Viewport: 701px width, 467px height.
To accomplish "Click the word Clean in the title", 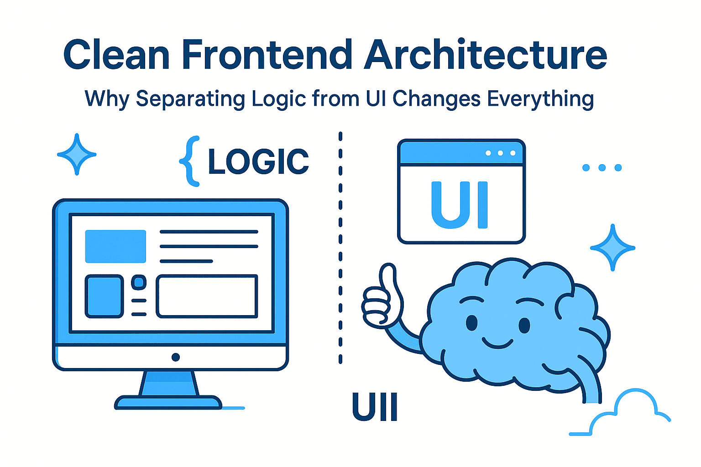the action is tap(116, 54).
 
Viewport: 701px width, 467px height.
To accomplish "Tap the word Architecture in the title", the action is tap(486, 54).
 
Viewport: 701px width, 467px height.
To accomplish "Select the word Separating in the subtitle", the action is tap(190, 99).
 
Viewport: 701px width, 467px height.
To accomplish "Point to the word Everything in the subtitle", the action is tap(540, 99).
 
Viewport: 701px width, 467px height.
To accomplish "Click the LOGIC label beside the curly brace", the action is tap(258, 161).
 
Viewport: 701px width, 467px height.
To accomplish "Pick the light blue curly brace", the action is tap(190, 161).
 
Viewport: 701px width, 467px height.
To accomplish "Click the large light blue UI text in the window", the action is tap(460, 205).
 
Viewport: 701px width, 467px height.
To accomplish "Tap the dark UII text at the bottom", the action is tap(375, 407).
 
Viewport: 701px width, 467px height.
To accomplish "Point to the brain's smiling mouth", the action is tap(497, 343).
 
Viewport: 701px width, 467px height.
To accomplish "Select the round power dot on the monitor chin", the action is tap(176, 357).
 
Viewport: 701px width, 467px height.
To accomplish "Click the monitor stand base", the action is tap(168, 403).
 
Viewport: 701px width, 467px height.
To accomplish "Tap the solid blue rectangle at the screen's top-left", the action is tap(115, 246).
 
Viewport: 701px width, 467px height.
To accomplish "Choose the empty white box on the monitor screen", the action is tap(207, 296).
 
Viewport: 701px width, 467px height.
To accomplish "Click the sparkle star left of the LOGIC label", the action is tap(77, 154).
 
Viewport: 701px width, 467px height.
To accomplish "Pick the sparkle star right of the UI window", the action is tap(612, 248).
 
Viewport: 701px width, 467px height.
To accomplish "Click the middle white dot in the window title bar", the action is tap(500, 153).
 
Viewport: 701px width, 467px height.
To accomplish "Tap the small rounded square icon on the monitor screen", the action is tap(139, 282).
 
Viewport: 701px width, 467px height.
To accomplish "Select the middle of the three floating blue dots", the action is tap(602, 168).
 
